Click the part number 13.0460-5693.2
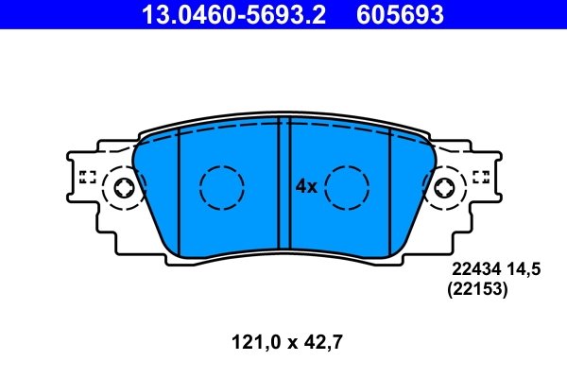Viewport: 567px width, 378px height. [235, 15]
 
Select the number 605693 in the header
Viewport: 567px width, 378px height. [398, 15]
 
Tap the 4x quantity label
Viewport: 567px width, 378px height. [305, 186]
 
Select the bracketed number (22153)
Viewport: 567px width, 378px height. [477, 292]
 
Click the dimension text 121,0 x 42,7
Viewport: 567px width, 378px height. [283, 345]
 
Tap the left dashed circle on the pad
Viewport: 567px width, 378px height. [221, 187]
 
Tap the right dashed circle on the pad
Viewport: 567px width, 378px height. [346, 187]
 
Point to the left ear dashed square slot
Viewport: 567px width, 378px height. [87, 176]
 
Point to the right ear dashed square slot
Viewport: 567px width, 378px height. [480, 176]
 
